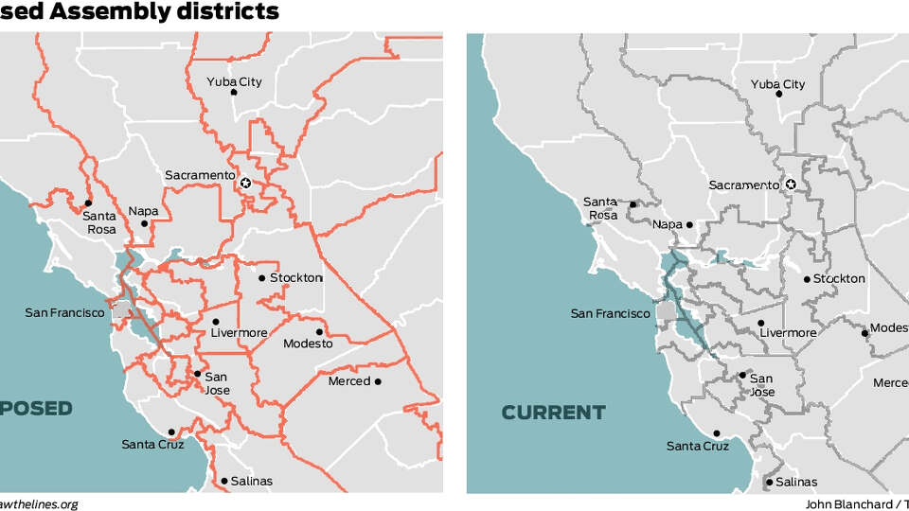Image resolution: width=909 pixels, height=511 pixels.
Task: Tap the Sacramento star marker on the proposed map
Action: click(246, 183)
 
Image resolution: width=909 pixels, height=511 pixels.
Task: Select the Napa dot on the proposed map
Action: click(145, 223)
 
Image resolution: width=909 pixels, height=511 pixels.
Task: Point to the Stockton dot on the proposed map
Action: click(262, 278)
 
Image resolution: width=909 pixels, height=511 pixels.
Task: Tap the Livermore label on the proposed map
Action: click(239, 333)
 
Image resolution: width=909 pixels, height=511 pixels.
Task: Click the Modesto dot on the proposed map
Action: click(320, 331)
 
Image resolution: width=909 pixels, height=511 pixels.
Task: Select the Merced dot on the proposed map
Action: click(378, 381)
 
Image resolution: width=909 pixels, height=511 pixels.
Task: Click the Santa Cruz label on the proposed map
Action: click(152, 444)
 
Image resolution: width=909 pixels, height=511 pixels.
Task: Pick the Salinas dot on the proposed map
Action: click(224, 481)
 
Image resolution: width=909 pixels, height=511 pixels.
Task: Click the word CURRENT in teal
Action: click(553, 413)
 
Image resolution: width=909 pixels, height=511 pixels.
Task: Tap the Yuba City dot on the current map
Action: click(779, 94)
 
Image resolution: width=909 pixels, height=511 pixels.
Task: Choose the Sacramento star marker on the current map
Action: click(792, 185)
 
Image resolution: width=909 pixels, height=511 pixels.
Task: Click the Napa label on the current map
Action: click(668, 225)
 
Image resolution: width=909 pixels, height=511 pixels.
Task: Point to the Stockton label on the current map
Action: click(839, 278)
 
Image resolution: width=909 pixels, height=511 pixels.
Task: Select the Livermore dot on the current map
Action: click(761, 323)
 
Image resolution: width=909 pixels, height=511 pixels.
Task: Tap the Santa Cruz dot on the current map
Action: click(717, 433)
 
